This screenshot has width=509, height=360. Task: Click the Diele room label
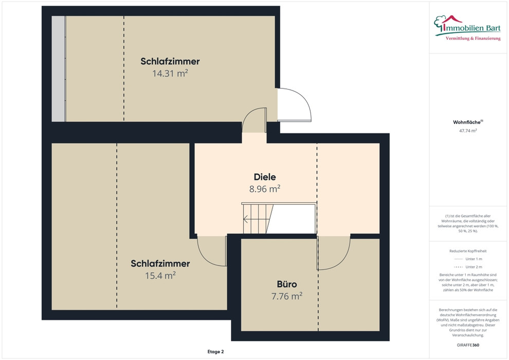[x=265, y=177]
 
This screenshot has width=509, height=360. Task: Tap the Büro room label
[x=287, y=284]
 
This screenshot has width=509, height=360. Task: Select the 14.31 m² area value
[x=170, y=73]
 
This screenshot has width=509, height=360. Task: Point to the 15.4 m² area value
[x=160, y=275]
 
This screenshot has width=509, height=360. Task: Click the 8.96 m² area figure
[x=265, y=189]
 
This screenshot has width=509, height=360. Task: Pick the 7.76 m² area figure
[x=287, y=296]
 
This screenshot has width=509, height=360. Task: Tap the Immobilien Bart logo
[x=467, y=28]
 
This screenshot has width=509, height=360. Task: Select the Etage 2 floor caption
[x=215, y=352]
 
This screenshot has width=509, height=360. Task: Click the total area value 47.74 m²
[x=468, y=131]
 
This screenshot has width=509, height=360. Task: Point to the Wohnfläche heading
[x=468, y=122]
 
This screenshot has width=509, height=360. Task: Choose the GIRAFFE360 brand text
[x=468, y=345]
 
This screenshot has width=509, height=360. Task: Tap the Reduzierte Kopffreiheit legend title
[x=468, y=251]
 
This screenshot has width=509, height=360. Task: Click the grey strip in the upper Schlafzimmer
[x=59, y=69]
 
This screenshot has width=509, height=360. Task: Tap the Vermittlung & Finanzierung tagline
[x=473, y=38]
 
